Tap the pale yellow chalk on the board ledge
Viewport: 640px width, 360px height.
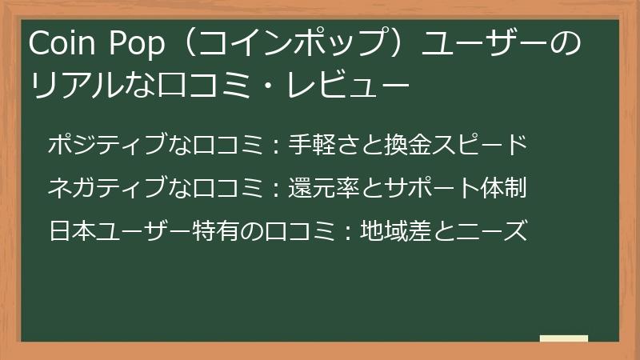point(563,338)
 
